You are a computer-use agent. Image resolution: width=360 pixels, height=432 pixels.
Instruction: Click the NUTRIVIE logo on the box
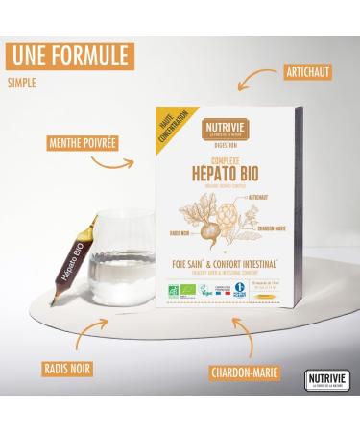(x=214, y=125)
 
